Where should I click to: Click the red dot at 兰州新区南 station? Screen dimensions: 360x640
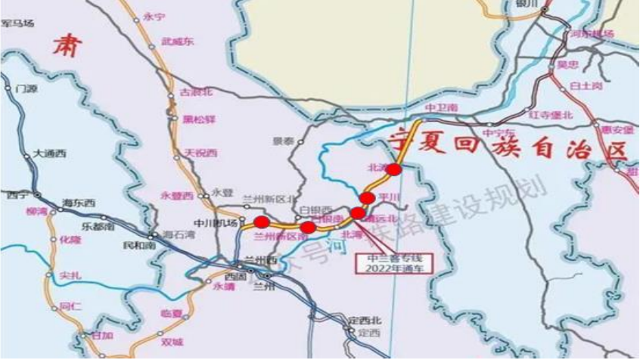[261, 222]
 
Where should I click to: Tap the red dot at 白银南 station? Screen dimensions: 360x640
[308, 227]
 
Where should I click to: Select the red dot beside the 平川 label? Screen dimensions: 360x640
[367, 198]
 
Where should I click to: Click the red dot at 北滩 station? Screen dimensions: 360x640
[393, 169]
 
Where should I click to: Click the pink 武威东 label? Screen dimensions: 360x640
[177, 42]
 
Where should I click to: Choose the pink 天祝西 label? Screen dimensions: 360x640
[200, 153]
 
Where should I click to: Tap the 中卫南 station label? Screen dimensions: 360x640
[442, 108]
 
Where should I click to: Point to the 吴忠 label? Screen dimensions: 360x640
[567, 66]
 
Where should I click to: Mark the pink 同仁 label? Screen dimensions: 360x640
[69, 307]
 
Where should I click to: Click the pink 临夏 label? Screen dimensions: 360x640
[172, 312]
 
